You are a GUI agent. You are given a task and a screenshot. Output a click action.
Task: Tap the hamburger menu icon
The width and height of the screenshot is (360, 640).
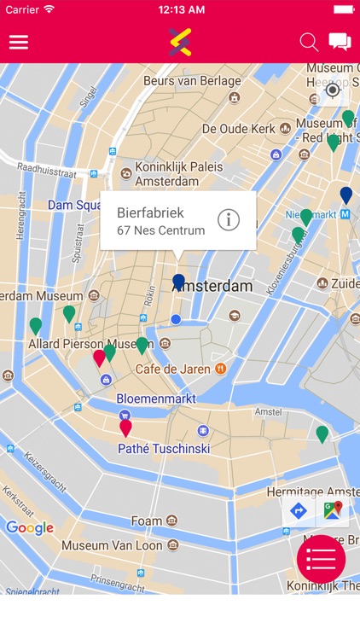pos(19,42)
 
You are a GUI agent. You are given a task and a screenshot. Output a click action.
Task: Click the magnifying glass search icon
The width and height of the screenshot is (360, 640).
pos(309,42)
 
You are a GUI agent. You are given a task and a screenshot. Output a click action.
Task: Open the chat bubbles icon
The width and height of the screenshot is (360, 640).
pos(340,42)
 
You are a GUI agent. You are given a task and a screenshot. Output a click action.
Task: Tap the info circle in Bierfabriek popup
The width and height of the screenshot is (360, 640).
pos(229,219)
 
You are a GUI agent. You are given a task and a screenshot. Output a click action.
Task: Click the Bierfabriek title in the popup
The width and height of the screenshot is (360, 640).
pos(150,212)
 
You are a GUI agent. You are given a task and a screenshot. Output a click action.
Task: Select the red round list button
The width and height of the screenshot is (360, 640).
pos(321,560)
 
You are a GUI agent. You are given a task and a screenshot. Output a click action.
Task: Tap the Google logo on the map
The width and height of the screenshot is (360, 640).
pos(30,528)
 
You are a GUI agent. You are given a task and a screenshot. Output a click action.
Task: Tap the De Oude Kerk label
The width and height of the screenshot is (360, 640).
pos(238,128)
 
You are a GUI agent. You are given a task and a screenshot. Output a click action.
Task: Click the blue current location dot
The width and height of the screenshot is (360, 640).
pos(176,319)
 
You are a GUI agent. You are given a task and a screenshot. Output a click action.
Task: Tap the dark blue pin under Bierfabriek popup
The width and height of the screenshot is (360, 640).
pos(178,282)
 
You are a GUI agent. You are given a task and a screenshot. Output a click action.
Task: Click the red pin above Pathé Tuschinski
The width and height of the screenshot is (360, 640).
pos(125,427)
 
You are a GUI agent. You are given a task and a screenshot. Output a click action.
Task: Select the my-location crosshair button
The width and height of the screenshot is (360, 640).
pos(333,90)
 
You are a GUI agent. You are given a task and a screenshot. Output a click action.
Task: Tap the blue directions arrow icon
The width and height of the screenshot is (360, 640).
pos(299,511)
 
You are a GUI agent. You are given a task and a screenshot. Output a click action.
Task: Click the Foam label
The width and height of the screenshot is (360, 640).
pos(146,521)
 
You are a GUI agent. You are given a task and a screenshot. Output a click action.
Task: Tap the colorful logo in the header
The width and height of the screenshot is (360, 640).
pos(180,41)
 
